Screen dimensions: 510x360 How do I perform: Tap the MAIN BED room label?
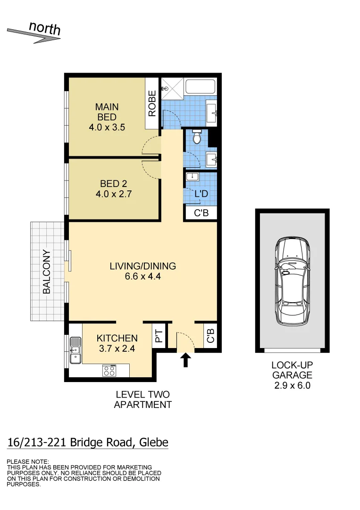point(107,112)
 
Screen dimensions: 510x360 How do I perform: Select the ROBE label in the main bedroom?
point(152,103)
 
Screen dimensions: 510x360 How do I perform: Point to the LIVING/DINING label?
point(142,266)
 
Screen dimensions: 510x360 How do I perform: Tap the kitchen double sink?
point(75,351)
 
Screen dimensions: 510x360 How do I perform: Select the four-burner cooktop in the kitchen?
point(109,371)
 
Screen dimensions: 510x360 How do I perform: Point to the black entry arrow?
point(185,361)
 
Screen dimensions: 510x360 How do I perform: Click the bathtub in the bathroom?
point(200,87)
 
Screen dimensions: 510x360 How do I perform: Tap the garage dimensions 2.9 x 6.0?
point(292,385)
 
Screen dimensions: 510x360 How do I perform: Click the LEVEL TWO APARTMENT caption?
point(142,399)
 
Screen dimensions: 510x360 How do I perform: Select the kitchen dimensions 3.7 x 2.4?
point(117,349)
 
